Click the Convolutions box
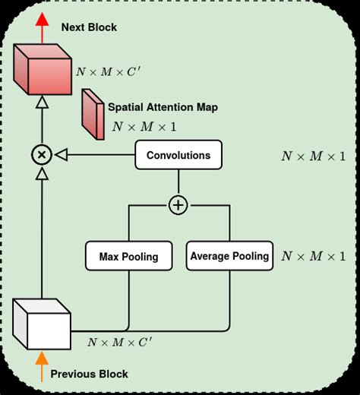178,155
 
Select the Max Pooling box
128,256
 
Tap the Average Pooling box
229,256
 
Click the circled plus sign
178,205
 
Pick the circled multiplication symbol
42,155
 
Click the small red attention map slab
93,114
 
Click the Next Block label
89,27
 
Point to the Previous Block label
89,374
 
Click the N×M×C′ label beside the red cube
108,73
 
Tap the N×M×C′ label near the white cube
119,343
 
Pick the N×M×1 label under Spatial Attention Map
144,127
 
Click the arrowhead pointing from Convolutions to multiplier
62,155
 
